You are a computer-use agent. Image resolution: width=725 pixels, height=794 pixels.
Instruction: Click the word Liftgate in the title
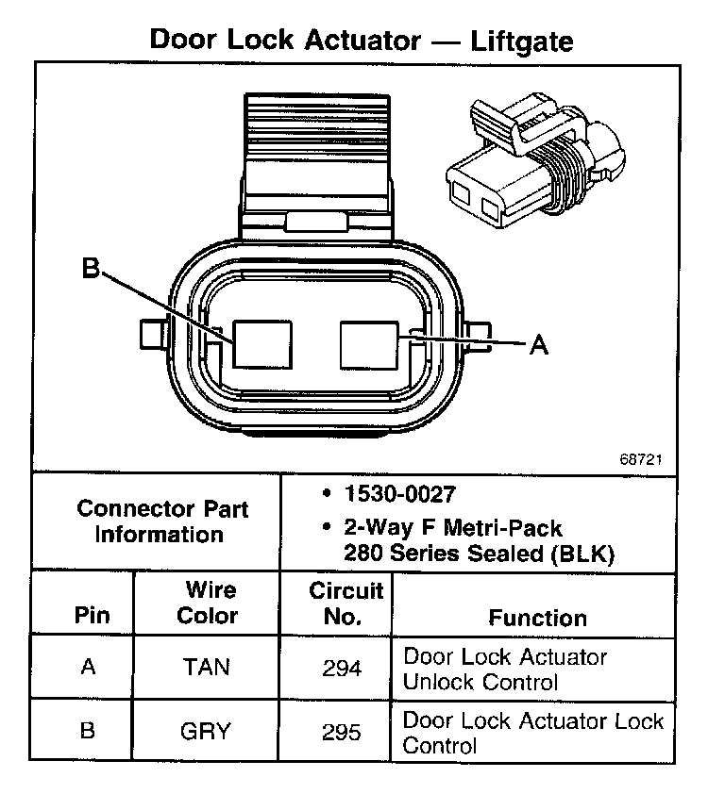pos(511,41)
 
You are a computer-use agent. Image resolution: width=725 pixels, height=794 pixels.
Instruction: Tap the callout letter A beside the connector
pos(538,345)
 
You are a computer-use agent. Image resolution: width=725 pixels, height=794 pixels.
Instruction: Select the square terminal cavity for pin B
pos(263,343)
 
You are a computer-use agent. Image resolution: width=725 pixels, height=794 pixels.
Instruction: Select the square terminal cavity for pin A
pos(369,343)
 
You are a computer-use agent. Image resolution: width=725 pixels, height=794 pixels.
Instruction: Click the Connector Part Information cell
pos(162,521)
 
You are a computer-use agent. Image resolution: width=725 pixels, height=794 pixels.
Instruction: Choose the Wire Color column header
pos(210,603)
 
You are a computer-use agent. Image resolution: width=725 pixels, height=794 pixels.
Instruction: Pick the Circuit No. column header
pos(346,604)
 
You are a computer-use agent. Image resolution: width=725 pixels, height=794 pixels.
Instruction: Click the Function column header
pos(537,618)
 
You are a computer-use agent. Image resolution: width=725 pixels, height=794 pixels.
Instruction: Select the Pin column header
pos(92,616)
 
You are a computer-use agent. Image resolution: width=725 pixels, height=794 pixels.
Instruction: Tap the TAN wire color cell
pos(208,668)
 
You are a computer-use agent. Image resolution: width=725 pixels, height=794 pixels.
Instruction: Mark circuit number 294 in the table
pos(341,669)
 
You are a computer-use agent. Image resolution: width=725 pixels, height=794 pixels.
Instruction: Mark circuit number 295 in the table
pos(341,732)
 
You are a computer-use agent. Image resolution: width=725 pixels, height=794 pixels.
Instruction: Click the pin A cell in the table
pos(89,667)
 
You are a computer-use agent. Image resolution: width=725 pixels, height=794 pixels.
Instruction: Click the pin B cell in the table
pos(88,730)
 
